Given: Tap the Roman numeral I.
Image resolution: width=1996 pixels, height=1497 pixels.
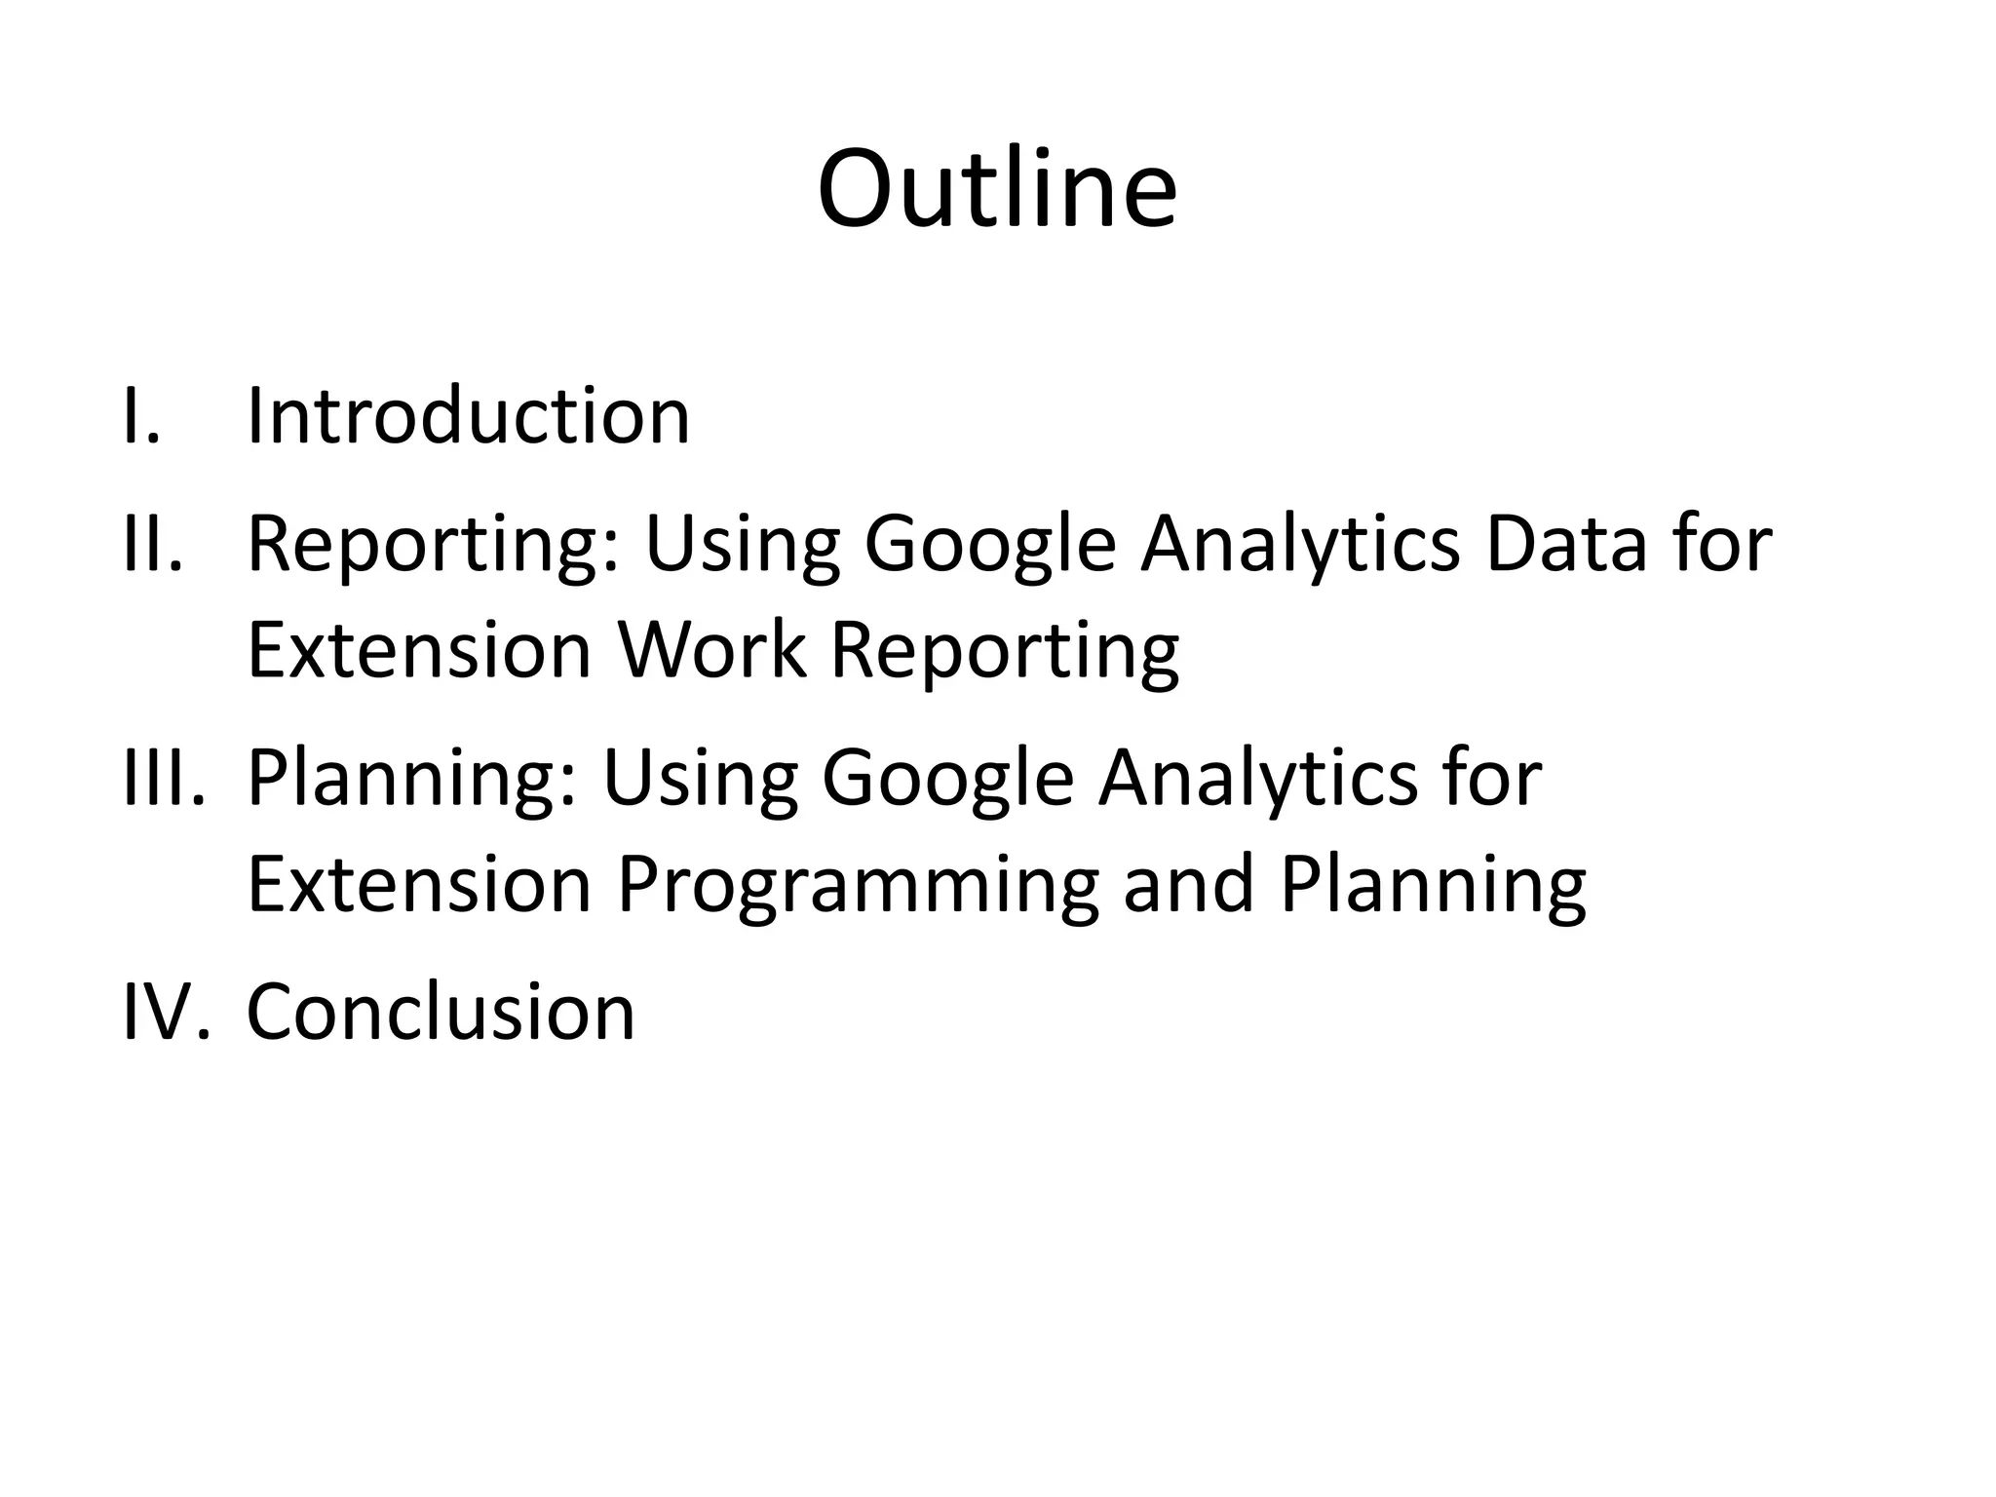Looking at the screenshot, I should point(141,416).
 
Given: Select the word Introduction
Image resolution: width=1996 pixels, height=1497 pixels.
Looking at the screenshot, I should point(469,416).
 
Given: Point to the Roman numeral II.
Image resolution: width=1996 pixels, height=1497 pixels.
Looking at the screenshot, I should point(153,544).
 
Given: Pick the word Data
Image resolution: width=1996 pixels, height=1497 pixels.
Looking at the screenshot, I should point(1569,544).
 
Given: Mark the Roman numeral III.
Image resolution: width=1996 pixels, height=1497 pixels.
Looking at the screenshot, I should point(164,778).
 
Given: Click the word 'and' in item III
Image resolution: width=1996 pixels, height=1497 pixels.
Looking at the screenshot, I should point(1188,884).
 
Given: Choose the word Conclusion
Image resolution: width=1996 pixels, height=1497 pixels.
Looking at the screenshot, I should point(441,1012).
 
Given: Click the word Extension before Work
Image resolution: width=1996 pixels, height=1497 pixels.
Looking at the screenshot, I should point(420,650).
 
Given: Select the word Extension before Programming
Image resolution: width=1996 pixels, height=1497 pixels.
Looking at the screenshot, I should point(420,884).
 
